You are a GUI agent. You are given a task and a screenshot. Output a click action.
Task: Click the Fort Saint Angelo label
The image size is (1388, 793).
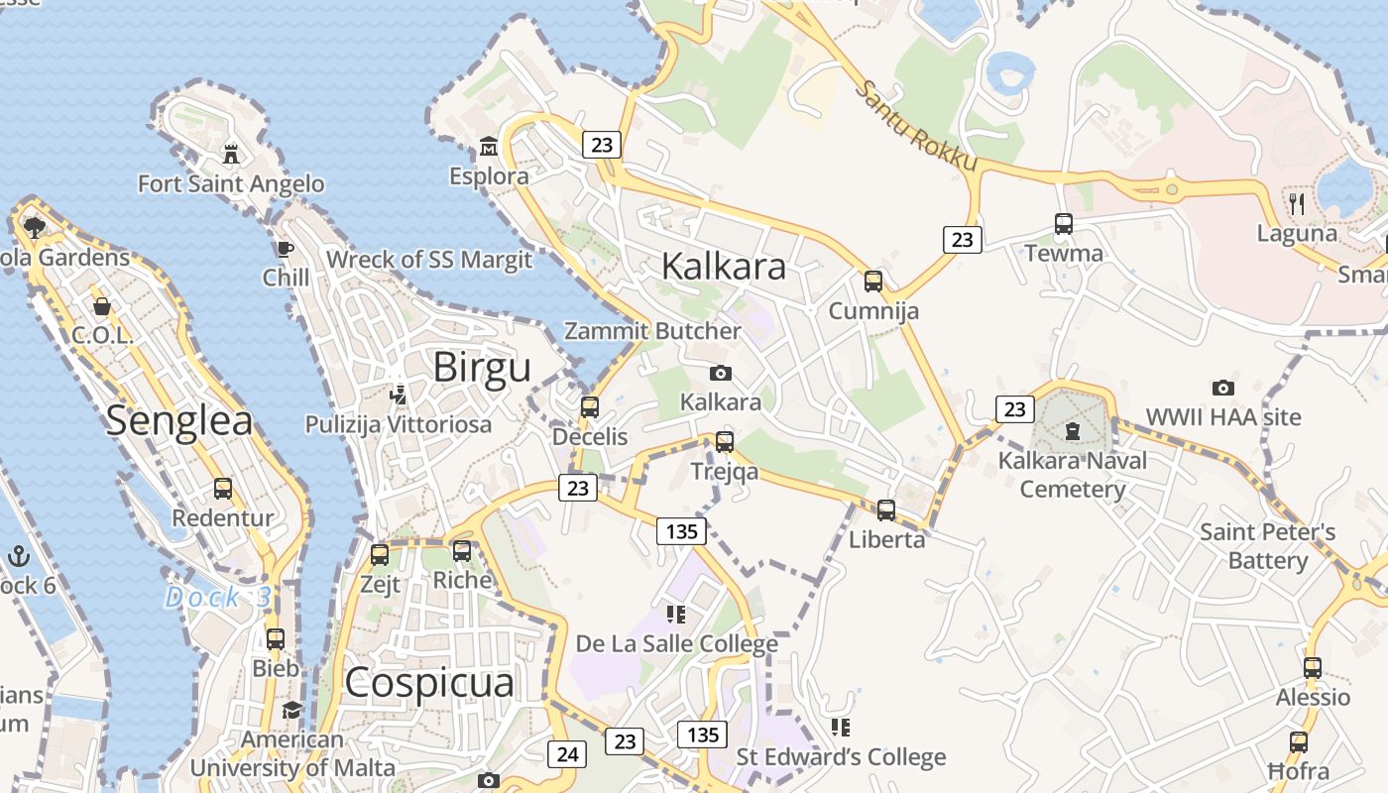[231, 183]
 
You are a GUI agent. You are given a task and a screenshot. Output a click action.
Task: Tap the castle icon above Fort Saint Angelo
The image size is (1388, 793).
[231, 154]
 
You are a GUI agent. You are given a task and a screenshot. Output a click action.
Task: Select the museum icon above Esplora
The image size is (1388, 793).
[488, 148]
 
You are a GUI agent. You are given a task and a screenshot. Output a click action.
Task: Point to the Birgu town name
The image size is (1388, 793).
[482, 368]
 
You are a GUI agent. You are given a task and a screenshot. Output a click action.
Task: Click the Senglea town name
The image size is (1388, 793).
[179, 420]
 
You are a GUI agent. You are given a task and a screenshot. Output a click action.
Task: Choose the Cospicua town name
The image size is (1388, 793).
[429, 683]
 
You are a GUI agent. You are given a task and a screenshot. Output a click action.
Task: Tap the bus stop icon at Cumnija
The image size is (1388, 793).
[873, 281]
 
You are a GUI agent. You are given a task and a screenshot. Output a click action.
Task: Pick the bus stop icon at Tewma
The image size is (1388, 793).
[1064, 224]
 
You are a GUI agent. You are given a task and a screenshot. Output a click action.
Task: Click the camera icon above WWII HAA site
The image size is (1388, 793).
[1223, 388]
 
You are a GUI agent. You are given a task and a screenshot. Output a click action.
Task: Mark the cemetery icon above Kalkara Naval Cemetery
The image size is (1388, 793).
[1072, 431]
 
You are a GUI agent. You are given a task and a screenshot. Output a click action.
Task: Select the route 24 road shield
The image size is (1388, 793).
[567, 754]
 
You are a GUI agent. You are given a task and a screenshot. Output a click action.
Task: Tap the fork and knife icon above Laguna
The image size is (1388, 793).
[1297, 204]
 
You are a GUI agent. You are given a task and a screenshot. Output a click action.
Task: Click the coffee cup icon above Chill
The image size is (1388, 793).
[286, 249]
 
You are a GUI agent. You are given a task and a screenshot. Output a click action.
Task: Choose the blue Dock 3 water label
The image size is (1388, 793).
[217, 598]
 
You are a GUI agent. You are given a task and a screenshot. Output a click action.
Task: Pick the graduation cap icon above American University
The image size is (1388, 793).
[291, 710]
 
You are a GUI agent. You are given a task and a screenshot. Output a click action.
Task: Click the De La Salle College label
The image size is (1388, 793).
[677, 644]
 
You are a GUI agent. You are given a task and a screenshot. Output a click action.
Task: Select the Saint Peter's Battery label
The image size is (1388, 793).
[1268, 546]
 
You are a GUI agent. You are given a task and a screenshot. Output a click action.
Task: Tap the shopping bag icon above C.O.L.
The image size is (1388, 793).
[101, 306]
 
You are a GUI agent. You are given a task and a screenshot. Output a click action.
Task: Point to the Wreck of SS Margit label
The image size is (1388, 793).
[429, 260]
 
